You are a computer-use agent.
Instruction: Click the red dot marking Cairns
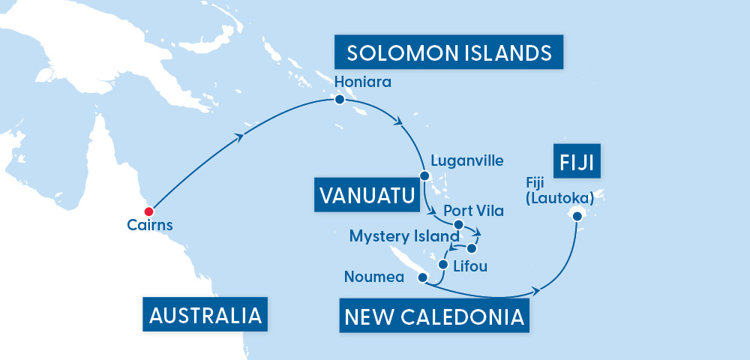(x=149, y=211)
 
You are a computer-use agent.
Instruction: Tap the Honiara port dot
(x=340, y=100)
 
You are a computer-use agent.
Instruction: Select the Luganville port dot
(x=424, y=176)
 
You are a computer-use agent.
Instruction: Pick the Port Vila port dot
(x=458, y=223)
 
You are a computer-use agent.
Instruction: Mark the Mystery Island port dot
(x=471, y=247)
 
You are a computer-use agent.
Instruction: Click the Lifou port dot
(x=442, y=264)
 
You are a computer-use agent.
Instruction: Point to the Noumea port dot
(x=422, y=277)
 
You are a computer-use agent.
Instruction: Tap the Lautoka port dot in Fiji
(x=577, y=216)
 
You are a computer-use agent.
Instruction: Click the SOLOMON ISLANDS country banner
(x=449, y=54)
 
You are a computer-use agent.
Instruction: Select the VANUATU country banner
(x=367, y=196)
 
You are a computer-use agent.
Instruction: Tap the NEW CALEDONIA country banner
(x=433, y=316)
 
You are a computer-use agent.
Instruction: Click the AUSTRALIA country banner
(x=205, y=315)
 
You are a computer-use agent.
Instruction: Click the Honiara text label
(x=364, y=81)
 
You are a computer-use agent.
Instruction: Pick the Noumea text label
(x=374, y=277)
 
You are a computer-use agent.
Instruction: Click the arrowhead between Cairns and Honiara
(x=240, y=136)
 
